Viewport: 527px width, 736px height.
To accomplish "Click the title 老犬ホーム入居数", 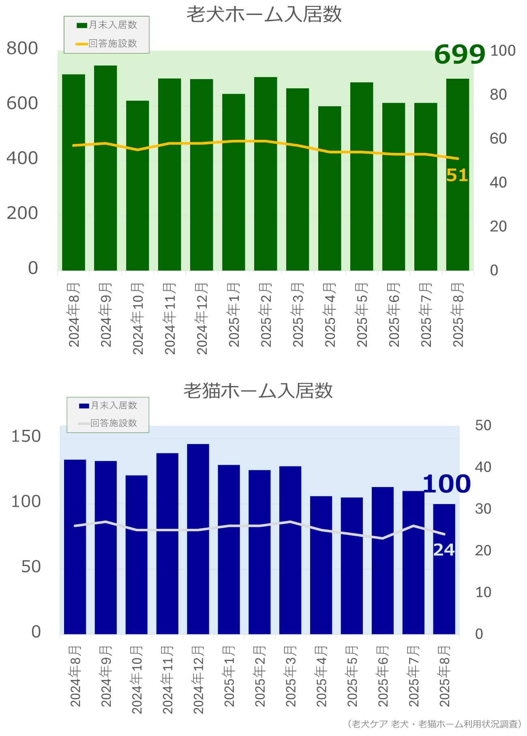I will pos(264,15).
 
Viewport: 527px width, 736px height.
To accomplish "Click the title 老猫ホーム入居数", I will pos(258,391).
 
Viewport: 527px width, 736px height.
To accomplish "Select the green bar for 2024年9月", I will pos(105,168).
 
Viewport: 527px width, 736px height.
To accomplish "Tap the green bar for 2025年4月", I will pos(330,188).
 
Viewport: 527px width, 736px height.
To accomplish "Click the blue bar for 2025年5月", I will pos(352,565).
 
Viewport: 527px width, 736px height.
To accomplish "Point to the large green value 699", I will pos(459,54).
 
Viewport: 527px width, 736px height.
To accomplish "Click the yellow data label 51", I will pos(457,176).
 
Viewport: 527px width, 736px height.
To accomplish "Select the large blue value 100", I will pos(446,484).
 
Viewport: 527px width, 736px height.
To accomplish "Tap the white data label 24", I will pos(443,550).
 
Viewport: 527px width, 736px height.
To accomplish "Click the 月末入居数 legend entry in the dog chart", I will pos(107,25).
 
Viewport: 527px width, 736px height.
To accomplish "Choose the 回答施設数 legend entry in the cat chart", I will pos(108,423).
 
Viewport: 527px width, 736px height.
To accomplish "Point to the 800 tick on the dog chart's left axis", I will pos(22,48).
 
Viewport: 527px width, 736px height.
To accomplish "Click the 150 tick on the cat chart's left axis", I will pos(26,436).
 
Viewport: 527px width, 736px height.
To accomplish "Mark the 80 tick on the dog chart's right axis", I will pos(498,94).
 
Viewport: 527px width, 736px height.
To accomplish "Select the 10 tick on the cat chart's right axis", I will pos(483,592).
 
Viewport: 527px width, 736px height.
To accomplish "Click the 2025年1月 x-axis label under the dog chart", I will pos(234,315).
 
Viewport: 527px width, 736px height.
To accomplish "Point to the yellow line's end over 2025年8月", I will pos(458,159).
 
